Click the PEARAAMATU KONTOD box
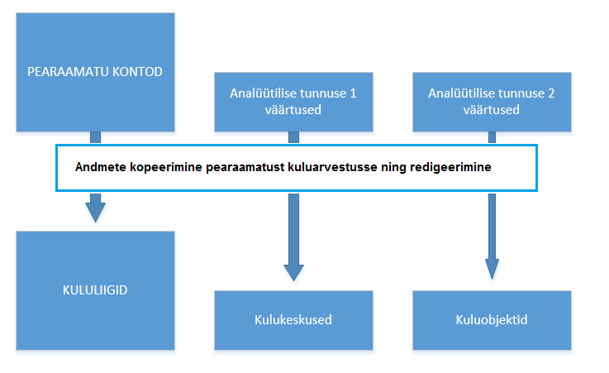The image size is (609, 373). pos(95,72)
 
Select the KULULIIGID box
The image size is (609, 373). pos(95,290)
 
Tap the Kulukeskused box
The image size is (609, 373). pos(293,320)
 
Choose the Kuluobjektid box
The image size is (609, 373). pos(492,320)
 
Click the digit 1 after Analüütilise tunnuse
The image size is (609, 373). pos(353,93)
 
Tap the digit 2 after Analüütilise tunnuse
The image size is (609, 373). pos(551,93)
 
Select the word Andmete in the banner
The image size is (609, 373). pos(100,167)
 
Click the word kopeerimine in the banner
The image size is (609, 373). pos(166,167)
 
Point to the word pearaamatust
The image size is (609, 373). pos(245,167)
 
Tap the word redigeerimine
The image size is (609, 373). pos(450,167)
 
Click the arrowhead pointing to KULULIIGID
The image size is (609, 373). pos(96,213)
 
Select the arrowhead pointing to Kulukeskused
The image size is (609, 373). pos(293,273)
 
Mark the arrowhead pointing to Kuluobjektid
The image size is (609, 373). pos(492,269)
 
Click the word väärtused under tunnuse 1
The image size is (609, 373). pos(293,109)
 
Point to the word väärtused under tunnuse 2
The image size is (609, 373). pos(492,109)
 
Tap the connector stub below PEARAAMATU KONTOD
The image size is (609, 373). pos(96,137)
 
